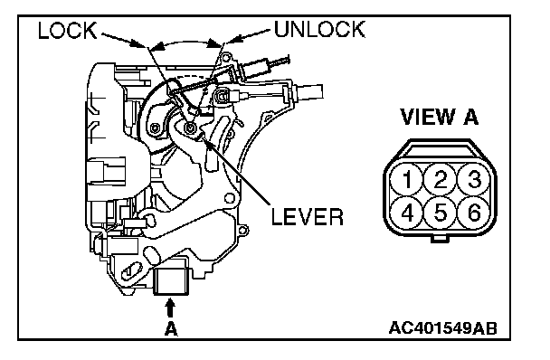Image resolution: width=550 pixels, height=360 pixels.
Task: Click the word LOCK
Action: pyautogui.click(x=67, y=31)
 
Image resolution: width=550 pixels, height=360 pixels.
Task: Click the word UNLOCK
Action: pyautogui.click(x=319, y=29)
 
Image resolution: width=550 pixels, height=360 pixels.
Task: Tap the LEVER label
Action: pyautogui.click(x=308, y=217)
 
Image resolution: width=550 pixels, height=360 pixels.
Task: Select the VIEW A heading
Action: pyautogui.click(x=439, y=117)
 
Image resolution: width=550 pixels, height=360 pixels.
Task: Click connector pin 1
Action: pyautogui.click(x=407, y=180)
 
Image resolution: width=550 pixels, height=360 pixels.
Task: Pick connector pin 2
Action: pyautogui.click(x=441, y=180)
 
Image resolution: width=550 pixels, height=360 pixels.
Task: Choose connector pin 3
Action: pyautogui.click(x=473, y=180)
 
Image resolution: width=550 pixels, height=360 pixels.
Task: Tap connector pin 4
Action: pyautogui.click(x=407, y=213)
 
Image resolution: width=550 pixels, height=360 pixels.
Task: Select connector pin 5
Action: pyautogui.click(x=441, y=213)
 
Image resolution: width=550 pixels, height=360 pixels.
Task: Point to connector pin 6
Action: pyautogui.click(x=473, y=213)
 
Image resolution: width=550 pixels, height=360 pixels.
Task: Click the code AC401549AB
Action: pyautogui.click(x=443, y=328)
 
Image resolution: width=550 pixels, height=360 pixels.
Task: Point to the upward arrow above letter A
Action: pyautogui.click(x=170, y=308)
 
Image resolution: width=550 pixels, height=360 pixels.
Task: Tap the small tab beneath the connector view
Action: pyautogui.click(x=440, y=239)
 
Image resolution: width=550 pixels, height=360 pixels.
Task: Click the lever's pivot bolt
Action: pyautogui.click(x=191, y=128)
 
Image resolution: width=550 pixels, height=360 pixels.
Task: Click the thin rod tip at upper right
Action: pyautogui.click(x=280, y=62)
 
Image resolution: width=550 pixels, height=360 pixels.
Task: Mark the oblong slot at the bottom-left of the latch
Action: pyautogui.click(x=131, y=270)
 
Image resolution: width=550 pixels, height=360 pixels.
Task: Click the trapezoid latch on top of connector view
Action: pyautogui.click(x=441, y=149)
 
